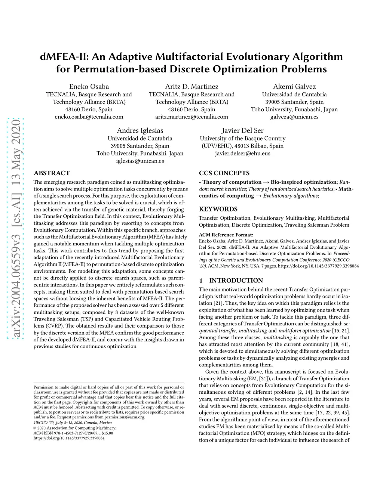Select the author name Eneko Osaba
tap(89, 87)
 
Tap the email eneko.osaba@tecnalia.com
tap(89, 117)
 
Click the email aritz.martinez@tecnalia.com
tap(191, 117)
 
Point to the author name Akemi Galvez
tap(294, 87)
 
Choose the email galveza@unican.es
tap(294, 117)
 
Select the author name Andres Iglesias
tap(140, 130)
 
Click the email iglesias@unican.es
tap(140, 161)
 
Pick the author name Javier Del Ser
tap(242, 130)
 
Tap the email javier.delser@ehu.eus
tap(242, 153)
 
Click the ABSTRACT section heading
tap(52, 173)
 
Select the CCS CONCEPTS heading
tap(224, 173)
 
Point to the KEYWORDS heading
tap(218, 209)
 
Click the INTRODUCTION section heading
tap(236, 281)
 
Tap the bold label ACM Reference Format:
tap(226, 235)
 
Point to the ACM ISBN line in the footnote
tap(73, 433)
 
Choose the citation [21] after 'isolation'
tap(218, 303)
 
